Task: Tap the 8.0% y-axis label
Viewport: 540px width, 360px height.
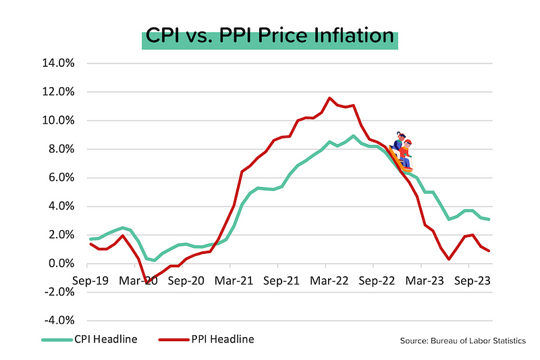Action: (65, 149)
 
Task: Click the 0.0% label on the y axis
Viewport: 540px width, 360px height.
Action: (65, 263)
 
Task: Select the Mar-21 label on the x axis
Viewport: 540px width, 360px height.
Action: (232, 278)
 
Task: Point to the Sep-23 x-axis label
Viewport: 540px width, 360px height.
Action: (471, 278)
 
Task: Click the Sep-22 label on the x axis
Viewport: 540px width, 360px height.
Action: (375, 278)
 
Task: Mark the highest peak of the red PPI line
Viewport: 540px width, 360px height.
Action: (329, 98)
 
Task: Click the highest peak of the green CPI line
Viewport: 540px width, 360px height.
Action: (354, 136)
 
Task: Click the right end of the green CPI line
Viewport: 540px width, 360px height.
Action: (489, 219)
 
